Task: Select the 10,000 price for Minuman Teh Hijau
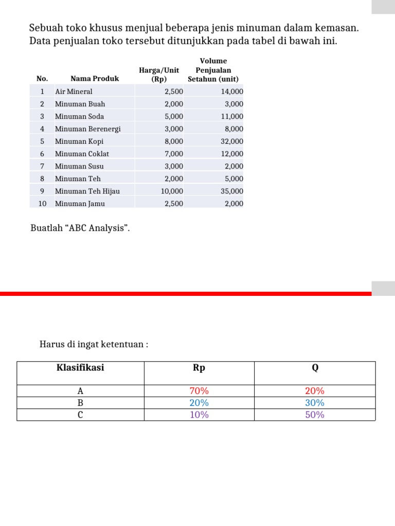pos(172,191)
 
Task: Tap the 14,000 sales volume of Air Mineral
pos(232,91)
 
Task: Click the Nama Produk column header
pos(95,79)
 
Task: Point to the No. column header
pos(42,79)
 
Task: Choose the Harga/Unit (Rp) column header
pos(159,74)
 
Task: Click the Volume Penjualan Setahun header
pos(213,70)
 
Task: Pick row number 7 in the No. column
pos(42,166)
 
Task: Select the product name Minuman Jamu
pos(80,203)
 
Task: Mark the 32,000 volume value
pos(232,141)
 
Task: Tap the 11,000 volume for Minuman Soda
pos(232,117)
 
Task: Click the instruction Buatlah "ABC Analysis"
pos(80,228)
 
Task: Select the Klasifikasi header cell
pos(80,368)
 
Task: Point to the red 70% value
pos(199,391)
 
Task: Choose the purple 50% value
pos(315,415)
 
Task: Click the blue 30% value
pos(315,403)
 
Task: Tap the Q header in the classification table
pos(315,368)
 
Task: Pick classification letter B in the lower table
pos(80,403)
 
